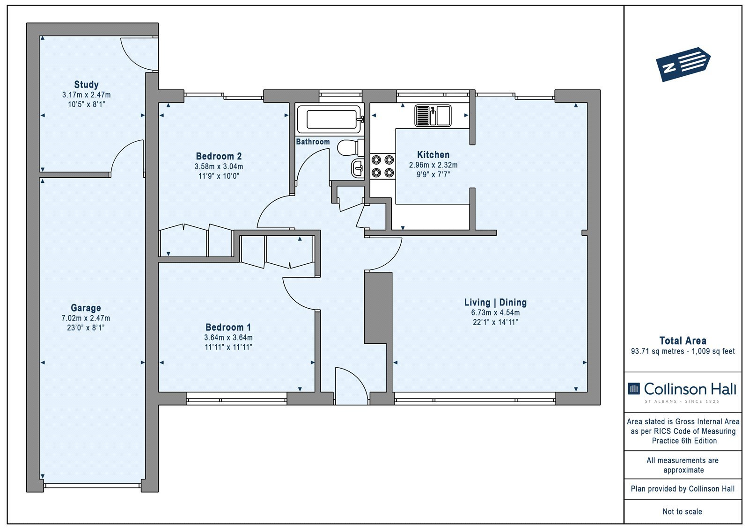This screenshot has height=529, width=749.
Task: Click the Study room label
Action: click(x=86, y=85)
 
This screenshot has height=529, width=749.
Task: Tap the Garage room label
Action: click(x=86, y=307)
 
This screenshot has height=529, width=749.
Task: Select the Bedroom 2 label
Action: click(x=219, y=156)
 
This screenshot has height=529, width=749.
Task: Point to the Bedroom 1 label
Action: click(x=228, y=327)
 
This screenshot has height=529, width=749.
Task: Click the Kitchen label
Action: click(x=433, y=155)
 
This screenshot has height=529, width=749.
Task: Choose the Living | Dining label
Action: click(x=495, y=303)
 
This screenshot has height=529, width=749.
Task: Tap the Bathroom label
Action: click(x=313, y=142)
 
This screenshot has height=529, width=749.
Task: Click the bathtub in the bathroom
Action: click(x=330, y=119)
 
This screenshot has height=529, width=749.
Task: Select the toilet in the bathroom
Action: click(x=351, y=148)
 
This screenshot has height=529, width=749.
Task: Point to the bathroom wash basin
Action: click(x=358, y=168)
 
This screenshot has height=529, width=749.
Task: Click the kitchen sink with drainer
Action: click(x=433, y=115)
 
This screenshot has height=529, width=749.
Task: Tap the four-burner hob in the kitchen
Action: click(x=382, y=166)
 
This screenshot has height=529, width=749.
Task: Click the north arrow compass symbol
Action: click(x=683, y=65)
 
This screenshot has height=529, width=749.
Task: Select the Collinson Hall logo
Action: click(x=682, y=391)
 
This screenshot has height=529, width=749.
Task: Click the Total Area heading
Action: click(x=683, y=341)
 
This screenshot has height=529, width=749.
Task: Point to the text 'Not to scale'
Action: click(x=682, y=511)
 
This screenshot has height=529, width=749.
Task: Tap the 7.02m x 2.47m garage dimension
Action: click(x=86, y=318)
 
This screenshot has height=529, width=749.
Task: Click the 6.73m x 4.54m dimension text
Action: click(x=495, y=312)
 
